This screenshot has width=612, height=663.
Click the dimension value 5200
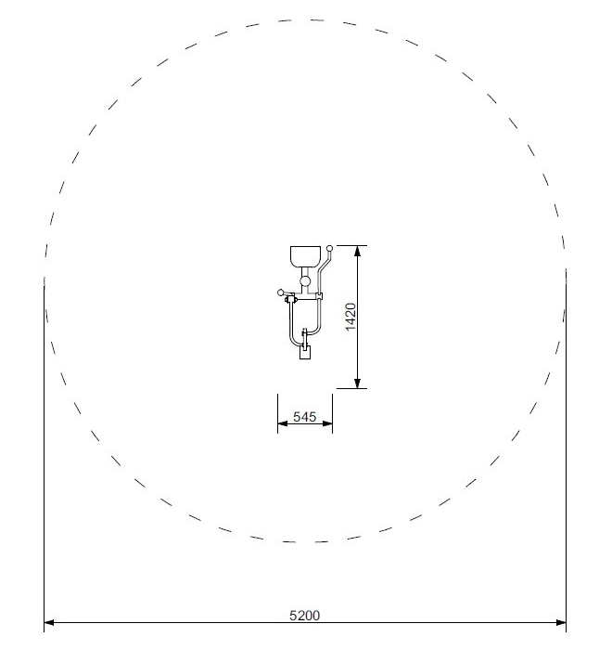[x=304, y=616]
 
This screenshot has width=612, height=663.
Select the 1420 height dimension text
[x=351, y=317]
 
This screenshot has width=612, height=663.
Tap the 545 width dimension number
[x=304, y=417]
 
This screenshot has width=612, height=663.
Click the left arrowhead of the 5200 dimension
[x=49, y=622]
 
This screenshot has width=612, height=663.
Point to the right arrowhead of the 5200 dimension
[x=561, y=622]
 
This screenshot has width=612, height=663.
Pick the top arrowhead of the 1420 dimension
[x=358, y=251]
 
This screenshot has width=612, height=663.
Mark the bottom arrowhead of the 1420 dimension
[x=358, y=383]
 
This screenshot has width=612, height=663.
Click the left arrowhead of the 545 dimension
[x=283, y=423]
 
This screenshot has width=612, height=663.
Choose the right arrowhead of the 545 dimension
[x=327, y=423]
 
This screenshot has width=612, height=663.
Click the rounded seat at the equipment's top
[x=305, y=256]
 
